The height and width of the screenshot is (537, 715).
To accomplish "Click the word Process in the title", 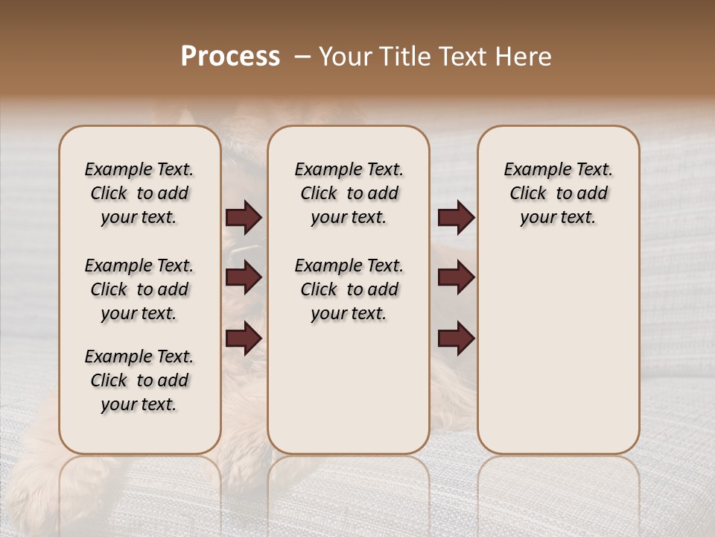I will [230, 57].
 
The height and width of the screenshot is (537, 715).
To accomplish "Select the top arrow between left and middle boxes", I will [244, 217].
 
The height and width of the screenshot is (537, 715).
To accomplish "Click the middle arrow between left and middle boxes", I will [244, 277].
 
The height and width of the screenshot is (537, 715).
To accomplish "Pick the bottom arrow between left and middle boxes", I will [244, 338].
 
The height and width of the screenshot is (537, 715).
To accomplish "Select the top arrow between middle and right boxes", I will [456, 217].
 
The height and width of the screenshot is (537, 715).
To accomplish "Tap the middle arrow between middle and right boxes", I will [456, 277].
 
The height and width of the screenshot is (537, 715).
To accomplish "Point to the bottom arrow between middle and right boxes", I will [456, 338].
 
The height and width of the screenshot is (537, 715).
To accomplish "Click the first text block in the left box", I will [139, 193].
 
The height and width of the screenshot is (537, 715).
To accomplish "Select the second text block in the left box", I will [139, 289].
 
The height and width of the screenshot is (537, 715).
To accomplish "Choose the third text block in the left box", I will [139, 380].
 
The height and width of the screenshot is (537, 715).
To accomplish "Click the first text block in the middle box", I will [349, 193].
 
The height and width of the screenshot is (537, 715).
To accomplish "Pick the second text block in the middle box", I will [349, 289].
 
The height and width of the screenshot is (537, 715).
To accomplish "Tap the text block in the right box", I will [558, 193].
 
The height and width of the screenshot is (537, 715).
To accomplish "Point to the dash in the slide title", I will [302, 57].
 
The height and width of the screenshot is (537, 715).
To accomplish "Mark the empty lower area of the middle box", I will [349, 388].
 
